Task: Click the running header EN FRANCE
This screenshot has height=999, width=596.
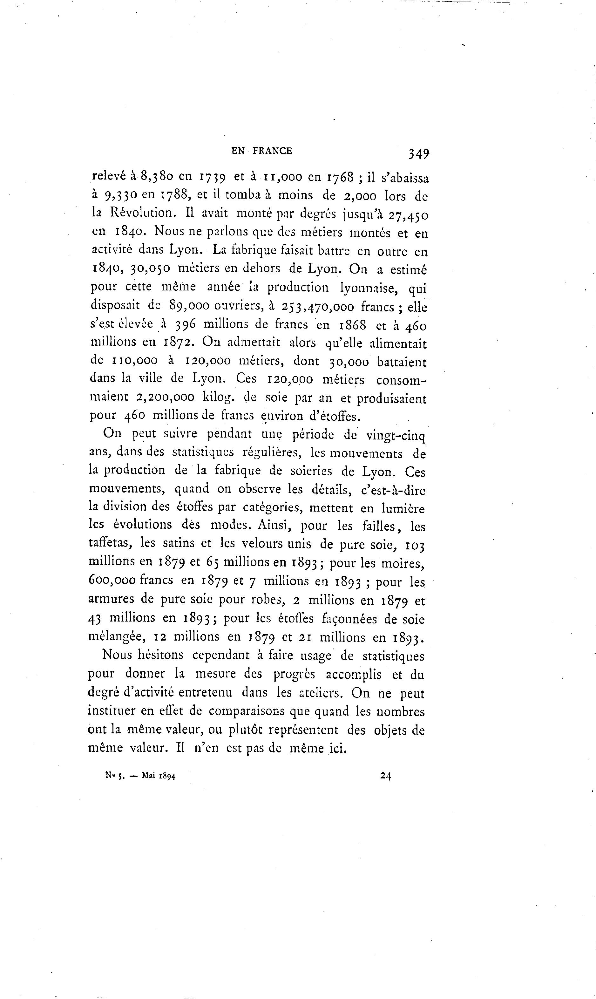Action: [x=262, y=151]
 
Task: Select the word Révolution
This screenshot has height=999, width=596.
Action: [x=144, y=213]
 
